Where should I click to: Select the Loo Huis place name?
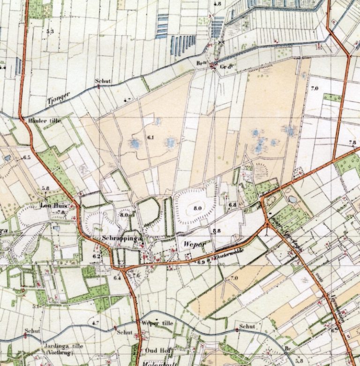click(x=52, y=206)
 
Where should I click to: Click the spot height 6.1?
click(x=150, y=137)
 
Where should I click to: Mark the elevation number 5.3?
click(x=50, y=31)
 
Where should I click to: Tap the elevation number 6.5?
click(x=26, y=157)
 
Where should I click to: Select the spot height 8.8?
click(x=216, y=231)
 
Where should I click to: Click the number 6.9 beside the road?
click(x=201, y=262)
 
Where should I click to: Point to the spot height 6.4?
click(x=117, y=278)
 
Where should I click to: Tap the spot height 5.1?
click(x=36, y=306)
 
